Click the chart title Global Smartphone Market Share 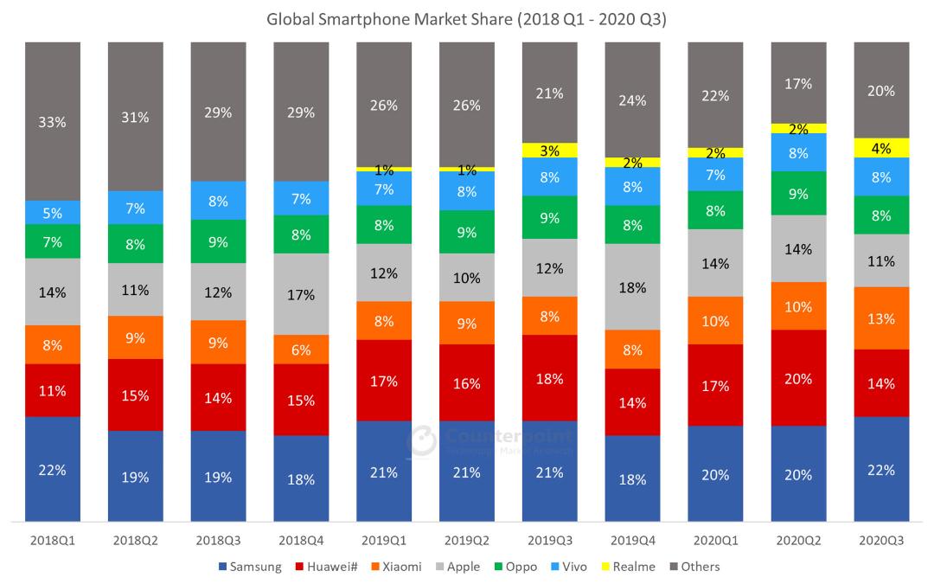(389, 20)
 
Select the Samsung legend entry (250, 567)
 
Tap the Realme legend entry (629, 567)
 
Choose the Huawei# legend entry (326, 567)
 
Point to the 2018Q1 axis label (53, 541)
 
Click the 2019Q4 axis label (632, 541)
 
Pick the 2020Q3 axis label (881, 541)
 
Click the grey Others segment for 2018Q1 (53, 121)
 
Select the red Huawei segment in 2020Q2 (798, 378)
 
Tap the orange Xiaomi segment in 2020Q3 (881, 318)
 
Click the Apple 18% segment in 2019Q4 (632, 286)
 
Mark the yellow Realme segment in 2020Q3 (881, 148)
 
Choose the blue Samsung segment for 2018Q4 (301, 478)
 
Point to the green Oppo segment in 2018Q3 (218, 241)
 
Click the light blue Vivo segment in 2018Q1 (53, 213)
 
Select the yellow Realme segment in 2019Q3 (550, 151)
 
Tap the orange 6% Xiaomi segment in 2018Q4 (301, 350)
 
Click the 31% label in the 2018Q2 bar (135, 118)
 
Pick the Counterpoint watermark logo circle (422, 441)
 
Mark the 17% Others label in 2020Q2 (798, 84)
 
